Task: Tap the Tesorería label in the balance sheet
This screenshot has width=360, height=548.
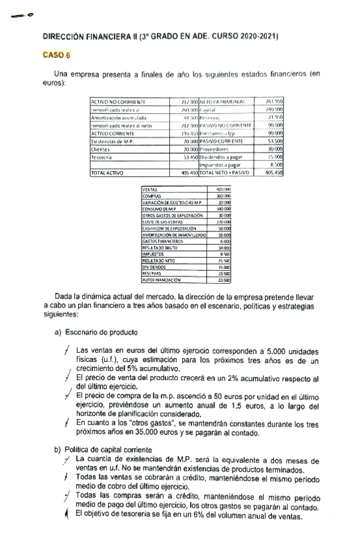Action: (104, 157)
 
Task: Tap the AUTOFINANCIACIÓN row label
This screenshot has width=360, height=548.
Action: (162, 280)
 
